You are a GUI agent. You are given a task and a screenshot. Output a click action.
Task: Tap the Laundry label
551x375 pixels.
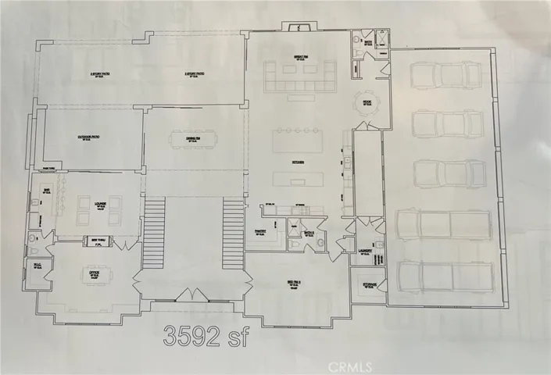pyautogui.click(x=363, y=251)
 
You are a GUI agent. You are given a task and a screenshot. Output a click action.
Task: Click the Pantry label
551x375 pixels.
pyautogui.click(x=262, y=231)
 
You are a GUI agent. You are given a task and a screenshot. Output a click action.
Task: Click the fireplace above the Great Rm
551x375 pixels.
pyautogui.click(x=297, y=29)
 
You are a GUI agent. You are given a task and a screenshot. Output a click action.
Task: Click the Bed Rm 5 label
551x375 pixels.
pyautogui.click(x=295, y=284)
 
